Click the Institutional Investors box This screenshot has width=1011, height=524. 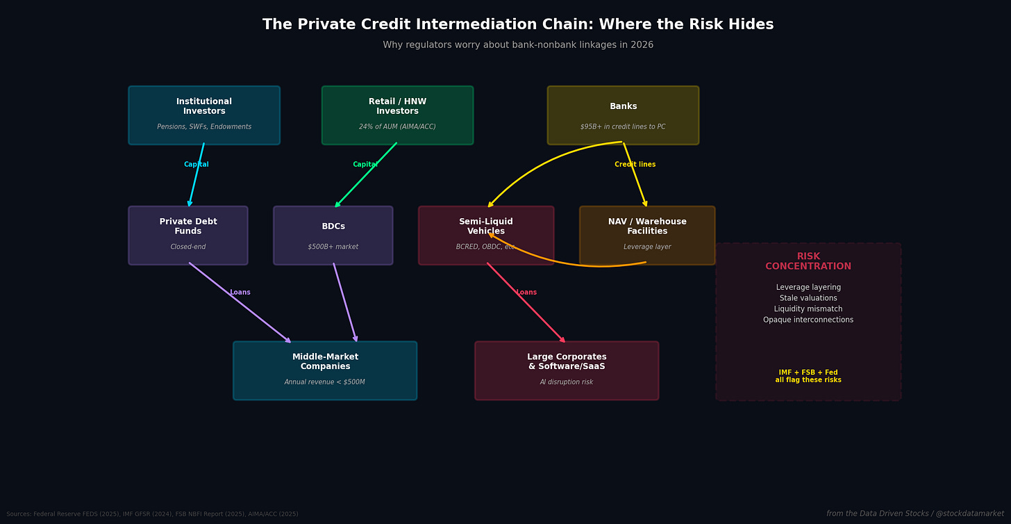[204, 115]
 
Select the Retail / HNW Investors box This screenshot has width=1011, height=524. [397, 115]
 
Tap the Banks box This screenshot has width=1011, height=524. [623, 115]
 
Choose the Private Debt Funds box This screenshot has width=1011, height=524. [188, 236]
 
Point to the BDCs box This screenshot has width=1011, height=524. [333, 236]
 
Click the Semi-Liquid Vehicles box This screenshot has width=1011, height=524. [486, 236]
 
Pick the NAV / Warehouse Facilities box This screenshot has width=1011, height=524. [647, 236]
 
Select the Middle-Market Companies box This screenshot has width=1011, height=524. [325, 370]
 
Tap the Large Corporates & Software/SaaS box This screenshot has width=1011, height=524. [567, 370]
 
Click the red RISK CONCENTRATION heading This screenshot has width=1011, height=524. [808, 261]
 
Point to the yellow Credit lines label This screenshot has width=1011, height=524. [635, 165]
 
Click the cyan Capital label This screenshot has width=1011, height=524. [196, 165]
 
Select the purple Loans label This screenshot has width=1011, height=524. [240, 293]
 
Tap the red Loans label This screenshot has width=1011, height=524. [526, 293]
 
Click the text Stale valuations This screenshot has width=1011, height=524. [808, 298]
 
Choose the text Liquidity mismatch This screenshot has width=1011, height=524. [808, 309]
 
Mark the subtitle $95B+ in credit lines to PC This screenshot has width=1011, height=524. [623, 127]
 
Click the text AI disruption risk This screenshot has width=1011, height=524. [567, 382]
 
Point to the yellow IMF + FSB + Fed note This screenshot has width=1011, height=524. [808, 377]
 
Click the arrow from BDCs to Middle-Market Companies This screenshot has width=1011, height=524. [345, 302]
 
